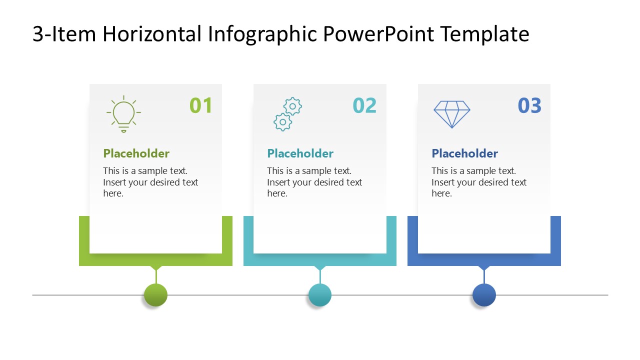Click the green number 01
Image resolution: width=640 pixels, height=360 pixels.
pos(201,105)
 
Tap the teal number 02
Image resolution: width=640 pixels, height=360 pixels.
pos(364,105)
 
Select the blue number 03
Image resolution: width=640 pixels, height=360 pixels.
pos(529,105)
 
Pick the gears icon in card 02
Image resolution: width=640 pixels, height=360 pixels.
pos(287,114)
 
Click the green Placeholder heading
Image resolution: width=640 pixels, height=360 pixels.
pos(136,153)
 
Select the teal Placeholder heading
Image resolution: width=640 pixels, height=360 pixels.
pos(300,153)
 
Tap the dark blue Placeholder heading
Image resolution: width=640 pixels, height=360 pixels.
pos(464,153)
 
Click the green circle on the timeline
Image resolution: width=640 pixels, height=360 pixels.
pos(155,295)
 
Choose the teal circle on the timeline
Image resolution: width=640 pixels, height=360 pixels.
pos(319,295)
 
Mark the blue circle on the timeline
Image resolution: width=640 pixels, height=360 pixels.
pos(484,295)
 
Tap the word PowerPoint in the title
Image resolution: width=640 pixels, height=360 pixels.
pos(379,34)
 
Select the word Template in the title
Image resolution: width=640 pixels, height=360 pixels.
pos(485,34)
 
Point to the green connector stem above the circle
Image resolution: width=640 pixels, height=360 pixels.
pos(156,276)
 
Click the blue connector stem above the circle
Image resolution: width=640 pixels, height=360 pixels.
pos(484,276)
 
